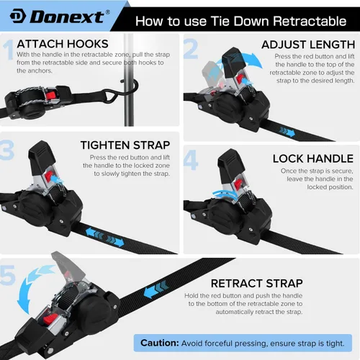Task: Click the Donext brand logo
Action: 60,17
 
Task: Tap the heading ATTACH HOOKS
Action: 63,44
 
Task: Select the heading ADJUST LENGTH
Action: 308,45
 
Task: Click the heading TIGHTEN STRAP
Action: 125,145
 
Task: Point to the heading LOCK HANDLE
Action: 313,158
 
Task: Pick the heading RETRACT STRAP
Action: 257,284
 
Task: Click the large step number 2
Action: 191,49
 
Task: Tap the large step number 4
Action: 191,160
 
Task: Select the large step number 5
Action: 8,275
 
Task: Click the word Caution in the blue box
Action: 160,343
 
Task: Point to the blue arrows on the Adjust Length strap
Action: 287,132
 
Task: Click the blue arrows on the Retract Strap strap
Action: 156,289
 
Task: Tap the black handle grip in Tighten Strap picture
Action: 40,158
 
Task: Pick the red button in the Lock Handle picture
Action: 238,184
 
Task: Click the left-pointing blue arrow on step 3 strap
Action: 94,234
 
